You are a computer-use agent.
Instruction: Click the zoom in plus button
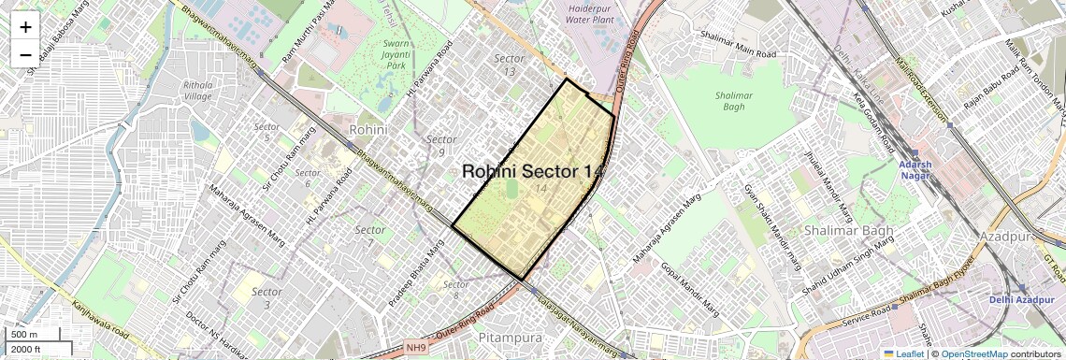(25, 27)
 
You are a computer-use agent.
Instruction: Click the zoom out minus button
(25, 54)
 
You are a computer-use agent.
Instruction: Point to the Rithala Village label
(197, 91)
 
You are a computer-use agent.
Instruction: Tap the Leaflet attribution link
(903, 354)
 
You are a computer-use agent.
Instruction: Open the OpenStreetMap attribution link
(973, 354)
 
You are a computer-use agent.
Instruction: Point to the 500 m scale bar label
(25, 334)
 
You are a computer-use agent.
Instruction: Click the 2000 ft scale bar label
(26, 349)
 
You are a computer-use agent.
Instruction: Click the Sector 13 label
(509, 65)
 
